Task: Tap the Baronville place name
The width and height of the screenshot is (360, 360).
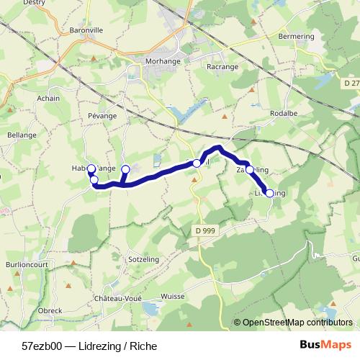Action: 87,30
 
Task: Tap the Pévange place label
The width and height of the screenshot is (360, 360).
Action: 102,114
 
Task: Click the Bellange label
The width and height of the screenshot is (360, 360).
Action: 21,134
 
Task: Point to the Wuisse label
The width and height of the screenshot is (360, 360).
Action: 174,296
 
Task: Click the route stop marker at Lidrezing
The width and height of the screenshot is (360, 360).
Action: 270,193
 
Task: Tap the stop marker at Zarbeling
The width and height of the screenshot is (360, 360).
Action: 250,170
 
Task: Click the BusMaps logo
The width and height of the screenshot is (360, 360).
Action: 325,345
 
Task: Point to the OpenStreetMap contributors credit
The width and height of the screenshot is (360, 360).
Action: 297,323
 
